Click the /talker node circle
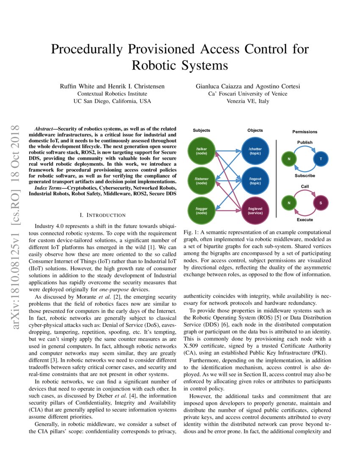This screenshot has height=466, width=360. [x=201, y=151]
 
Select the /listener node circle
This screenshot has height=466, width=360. [x=201, y=181]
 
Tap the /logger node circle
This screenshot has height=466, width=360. [x=201, y=211]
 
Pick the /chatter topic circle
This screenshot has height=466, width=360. [x=255, y=151]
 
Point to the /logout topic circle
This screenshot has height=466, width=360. [x=255, y=181]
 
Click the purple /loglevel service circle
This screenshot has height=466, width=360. [x=255, y=211]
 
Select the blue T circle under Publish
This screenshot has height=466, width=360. [x=321, y=158]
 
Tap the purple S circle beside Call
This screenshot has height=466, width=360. [x=321, y=203]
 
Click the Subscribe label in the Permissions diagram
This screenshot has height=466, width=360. [x=305, y=175]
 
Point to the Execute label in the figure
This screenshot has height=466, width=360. [x=305, y=220]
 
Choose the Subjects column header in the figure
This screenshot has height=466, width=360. [x=201, y=130]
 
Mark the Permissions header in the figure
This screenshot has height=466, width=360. [x=305, y=132]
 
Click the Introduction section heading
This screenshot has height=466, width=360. [x=103, y=215]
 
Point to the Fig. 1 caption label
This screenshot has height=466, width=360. [x=191, y=233]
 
